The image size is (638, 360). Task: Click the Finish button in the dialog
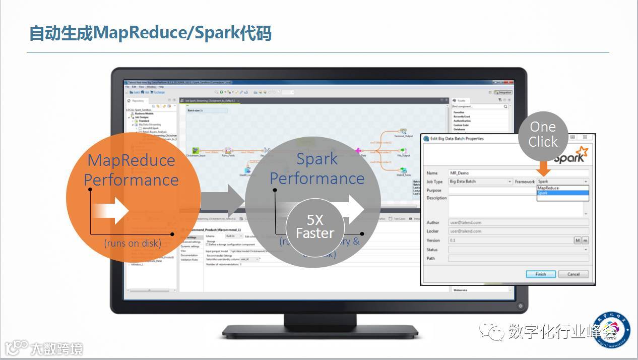click(541, 274)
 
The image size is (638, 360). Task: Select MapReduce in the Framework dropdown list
click(548, 188)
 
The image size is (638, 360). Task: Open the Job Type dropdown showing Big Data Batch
click(480, 182)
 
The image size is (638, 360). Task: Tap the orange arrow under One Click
click(544, 168)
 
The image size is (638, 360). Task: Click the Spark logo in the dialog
click(571, 155)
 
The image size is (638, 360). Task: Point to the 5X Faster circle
click(315, 227)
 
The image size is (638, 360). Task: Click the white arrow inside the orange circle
click(112, 210)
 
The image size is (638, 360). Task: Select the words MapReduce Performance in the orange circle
click(131, 170)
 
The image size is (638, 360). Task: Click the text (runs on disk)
click(133, 243)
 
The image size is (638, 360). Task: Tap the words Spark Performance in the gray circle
click(317, 168)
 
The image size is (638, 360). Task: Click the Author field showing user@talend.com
click(518, 222)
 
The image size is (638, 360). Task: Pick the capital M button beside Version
click(578, 241)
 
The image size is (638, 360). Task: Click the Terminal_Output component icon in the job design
click(403, 132)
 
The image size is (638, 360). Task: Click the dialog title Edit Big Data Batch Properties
click(457, 139)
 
